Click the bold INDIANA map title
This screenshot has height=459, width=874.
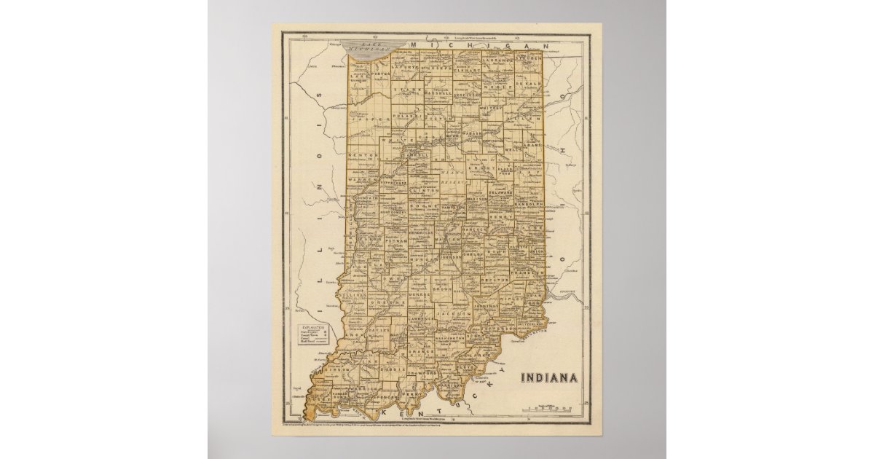click(549, 377)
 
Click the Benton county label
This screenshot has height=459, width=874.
click(364, 155)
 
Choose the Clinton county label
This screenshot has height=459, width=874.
click(425, 190)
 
